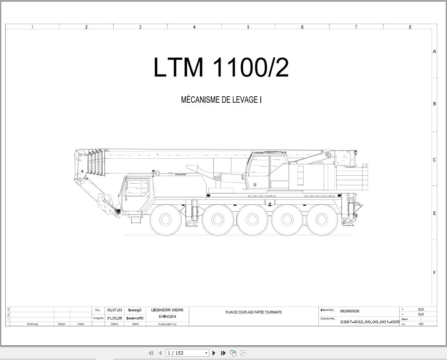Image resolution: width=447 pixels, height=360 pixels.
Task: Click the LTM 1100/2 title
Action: (x=221, y=67)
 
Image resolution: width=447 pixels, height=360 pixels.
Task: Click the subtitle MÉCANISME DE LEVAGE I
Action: (x=221, y=100)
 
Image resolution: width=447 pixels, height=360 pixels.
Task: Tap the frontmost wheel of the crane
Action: (x=165, y=219)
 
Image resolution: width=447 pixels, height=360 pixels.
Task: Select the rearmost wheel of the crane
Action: (x=322, y=219)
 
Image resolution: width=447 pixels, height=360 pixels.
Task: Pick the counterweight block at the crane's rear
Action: (x=352, y=179)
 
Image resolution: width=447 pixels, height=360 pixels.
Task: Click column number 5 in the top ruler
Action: (x=248, y=27)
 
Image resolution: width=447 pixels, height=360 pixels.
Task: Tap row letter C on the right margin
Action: (x=434, y=160)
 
